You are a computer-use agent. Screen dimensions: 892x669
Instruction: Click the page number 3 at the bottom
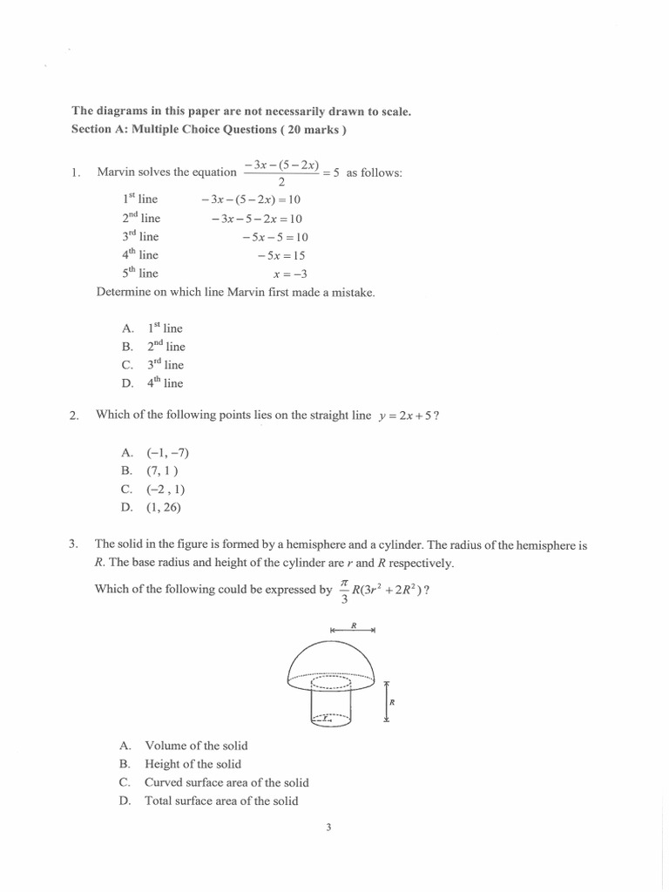(328, 828)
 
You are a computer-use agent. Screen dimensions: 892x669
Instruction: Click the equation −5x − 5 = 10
(272, 237)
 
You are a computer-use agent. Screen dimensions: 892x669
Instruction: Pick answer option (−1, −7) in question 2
(168, 453)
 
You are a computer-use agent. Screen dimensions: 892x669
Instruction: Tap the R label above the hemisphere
(354, 625)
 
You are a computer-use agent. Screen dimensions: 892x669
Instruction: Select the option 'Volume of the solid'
(196, 746)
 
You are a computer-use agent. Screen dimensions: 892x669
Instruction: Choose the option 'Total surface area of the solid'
(221, 801)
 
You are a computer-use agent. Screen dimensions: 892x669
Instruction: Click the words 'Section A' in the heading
(99, 130)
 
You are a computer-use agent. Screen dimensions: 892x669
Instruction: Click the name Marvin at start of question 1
(116, 172)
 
